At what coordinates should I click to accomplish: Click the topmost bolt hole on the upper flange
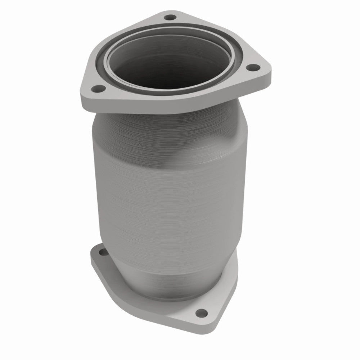[x=168, y=17]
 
